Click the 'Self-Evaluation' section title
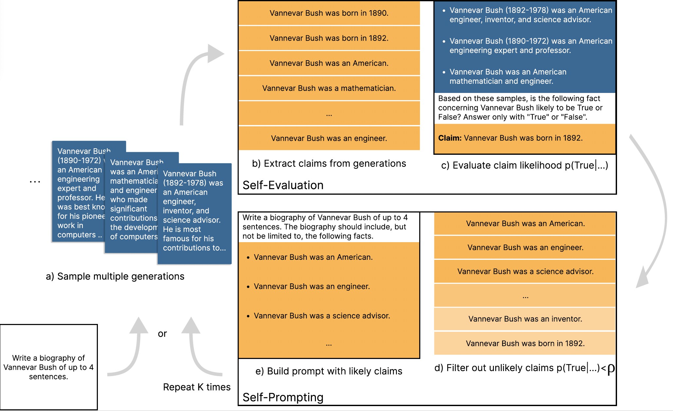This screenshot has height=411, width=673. [x=283, y=185]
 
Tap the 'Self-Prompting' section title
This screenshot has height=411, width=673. [x=283, y=397]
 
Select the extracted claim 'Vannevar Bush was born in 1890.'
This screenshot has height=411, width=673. [x=329, y=13]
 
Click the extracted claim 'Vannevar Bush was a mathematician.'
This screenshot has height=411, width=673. [x=329, y=88]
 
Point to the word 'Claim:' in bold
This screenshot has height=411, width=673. [x=450, y=138]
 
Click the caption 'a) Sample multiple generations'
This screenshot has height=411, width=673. [x=115, y=277]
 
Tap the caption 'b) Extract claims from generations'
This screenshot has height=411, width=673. [x=329, y=164]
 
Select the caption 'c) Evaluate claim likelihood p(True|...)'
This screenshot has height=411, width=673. [x=524, y=166]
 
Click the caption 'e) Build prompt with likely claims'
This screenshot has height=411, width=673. [x=329, y=371]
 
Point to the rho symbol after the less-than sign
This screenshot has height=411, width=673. [x=611, y=369]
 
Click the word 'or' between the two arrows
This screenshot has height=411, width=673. [x=162, y=334]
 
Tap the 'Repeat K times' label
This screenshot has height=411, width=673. [x=197, y=387]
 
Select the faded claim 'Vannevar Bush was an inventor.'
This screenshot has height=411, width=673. [x=525, y=319]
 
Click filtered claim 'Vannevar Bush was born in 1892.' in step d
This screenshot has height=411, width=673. [x=525, y=344]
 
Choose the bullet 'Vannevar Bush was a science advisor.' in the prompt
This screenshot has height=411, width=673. [x=322, y=316]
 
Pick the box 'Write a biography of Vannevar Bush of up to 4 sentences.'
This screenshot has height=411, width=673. [x=48, y=367]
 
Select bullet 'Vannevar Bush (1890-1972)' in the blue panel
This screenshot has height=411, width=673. [x=530, y=45]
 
